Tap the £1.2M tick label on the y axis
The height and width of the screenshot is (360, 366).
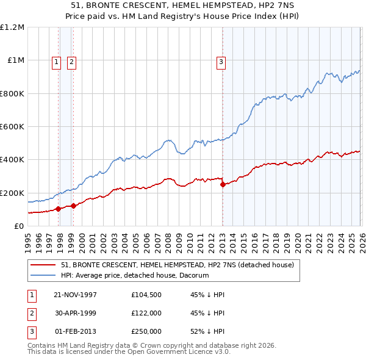[12, 27]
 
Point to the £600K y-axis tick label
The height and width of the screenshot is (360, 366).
[12, 127]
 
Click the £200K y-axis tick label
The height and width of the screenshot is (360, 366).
[12, 193]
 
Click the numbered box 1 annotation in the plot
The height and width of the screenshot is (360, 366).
[56, 61]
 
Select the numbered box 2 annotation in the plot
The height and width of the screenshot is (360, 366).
[71, 61]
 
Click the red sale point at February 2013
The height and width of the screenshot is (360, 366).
[222, 184]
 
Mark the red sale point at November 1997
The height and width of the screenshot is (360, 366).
[59, 209]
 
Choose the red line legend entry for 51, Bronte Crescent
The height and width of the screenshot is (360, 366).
[178, 265]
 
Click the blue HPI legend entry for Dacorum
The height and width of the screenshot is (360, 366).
[135, 275]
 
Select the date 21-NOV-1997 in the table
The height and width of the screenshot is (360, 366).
[75, 295]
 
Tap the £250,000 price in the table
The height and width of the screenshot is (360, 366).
[146, 331]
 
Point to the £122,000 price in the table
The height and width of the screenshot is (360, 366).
[146, 313]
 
